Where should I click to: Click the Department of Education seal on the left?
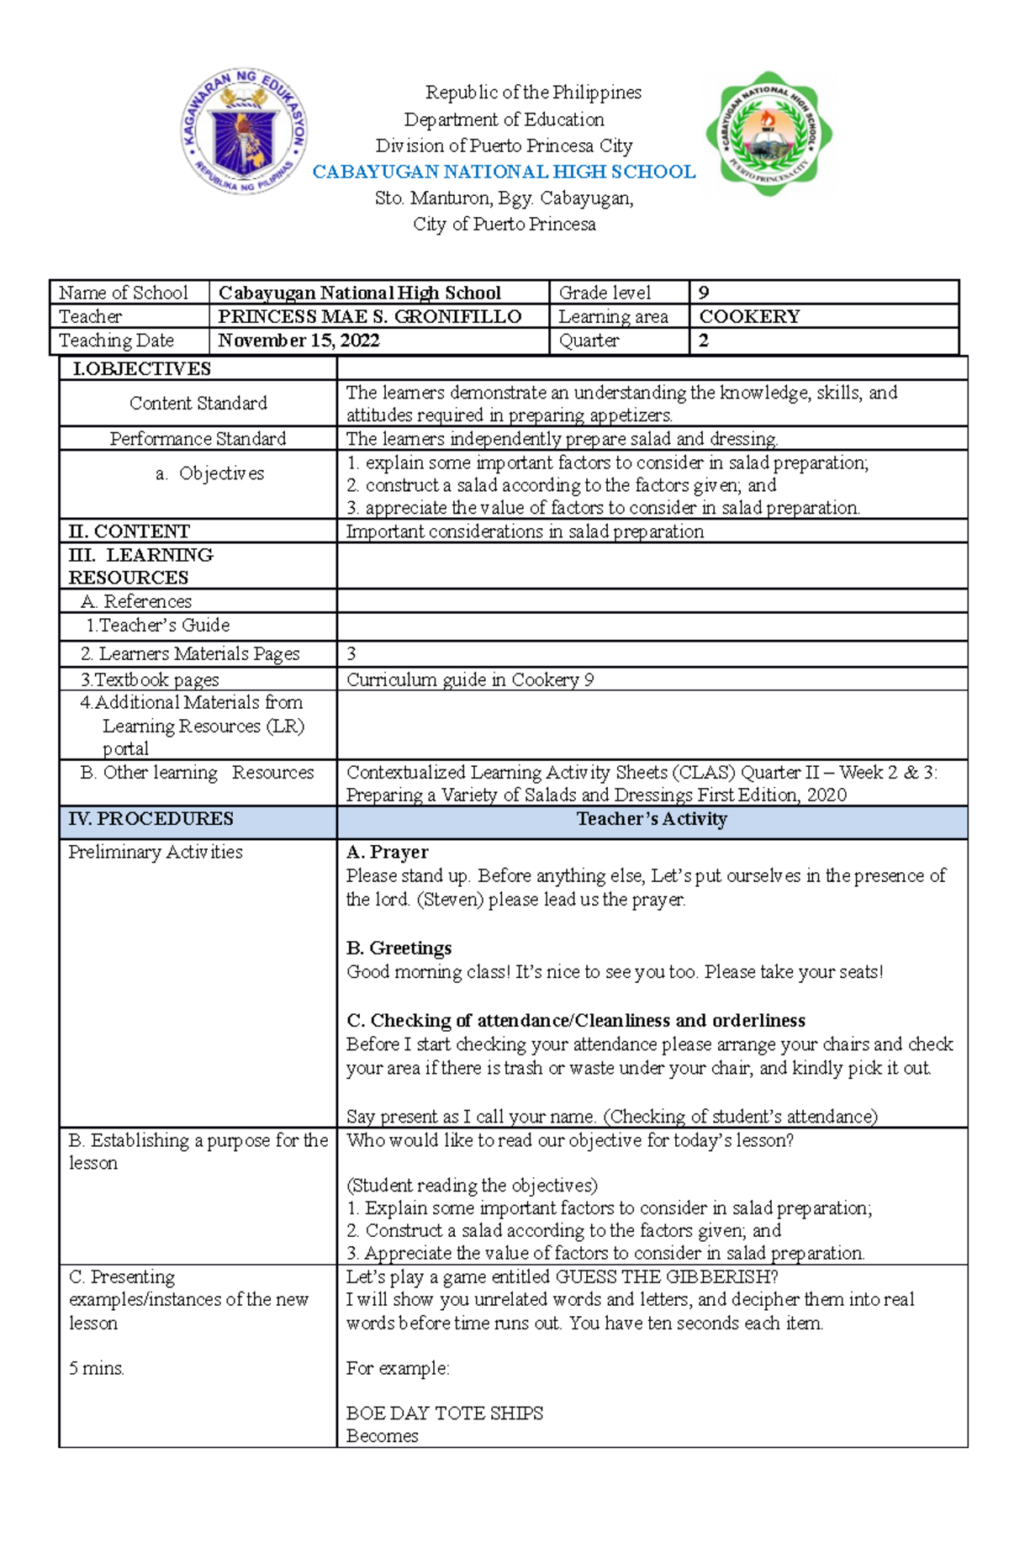coord(244,132)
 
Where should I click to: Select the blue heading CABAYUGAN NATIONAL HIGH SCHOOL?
coord(504,172)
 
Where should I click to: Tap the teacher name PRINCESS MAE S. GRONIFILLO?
coord(369,316)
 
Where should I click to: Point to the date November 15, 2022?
coord(298,340)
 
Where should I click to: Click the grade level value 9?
coord(704,293)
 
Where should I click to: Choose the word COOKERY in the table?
coord(749,316)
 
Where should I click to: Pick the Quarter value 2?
coord(704,340)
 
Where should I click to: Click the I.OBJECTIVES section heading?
coord(141,368)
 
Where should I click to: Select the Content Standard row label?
coord(198,403)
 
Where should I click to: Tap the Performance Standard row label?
coord(198,438)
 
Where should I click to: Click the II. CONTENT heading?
coord(129,531)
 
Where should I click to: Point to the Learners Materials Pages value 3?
coord(351,653)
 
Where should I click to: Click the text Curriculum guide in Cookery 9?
coord(470,679)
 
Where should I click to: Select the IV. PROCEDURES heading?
coord(151,818)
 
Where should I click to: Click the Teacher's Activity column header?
coord(652,819)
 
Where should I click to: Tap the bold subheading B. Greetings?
coord(399,948)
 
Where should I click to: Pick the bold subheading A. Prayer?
coord(387,852)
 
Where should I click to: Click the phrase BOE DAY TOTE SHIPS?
coord(444,1413)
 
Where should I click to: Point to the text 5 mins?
coord(97,1368)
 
